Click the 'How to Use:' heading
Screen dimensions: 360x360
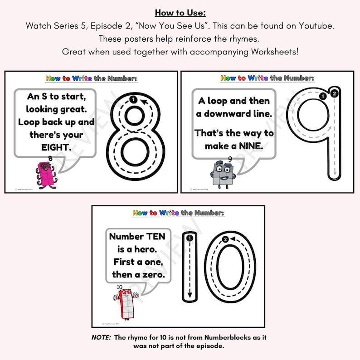pos(180,13)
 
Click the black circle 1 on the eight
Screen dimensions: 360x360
pos(132,99)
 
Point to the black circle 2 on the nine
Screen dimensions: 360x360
pos(334,94)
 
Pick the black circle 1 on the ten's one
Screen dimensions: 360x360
pos(190,238)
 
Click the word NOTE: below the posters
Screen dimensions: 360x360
pos(99,338)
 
